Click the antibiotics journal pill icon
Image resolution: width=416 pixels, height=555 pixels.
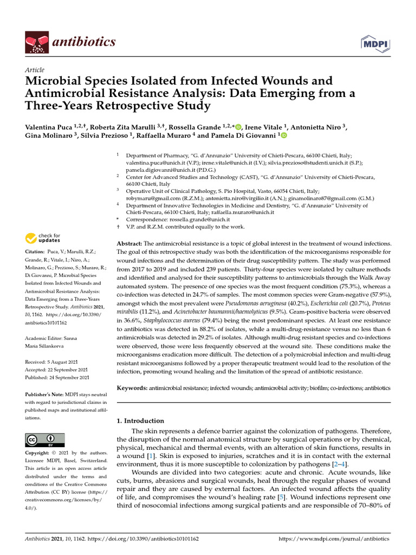[36, 42]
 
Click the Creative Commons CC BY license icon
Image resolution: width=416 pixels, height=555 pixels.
[45, 440]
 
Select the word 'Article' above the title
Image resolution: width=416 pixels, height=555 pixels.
[35, 70]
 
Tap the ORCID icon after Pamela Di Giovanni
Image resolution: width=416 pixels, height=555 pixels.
[283, 135]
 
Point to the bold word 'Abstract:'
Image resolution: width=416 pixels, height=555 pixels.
[129, 244]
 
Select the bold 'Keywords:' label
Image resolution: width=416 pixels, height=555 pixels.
[132, 389]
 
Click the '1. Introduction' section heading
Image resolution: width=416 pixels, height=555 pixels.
[140, 421]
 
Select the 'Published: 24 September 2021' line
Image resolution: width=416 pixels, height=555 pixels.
[57, 377]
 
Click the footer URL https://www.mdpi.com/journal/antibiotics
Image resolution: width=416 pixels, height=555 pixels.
[334, 539]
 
